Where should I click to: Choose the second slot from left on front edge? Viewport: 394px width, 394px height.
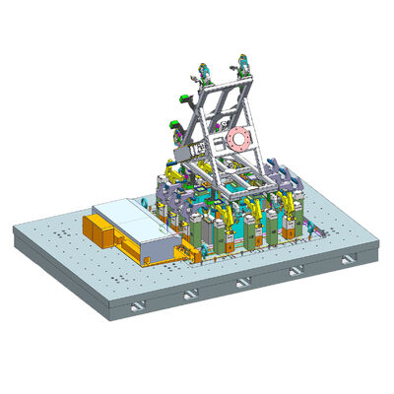click(192, 292)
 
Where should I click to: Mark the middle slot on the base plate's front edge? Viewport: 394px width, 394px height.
click(243, 283)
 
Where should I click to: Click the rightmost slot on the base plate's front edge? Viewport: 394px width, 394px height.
click(344, 260)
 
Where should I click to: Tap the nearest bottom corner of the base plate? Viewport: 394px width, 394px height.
click(107, 317)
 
